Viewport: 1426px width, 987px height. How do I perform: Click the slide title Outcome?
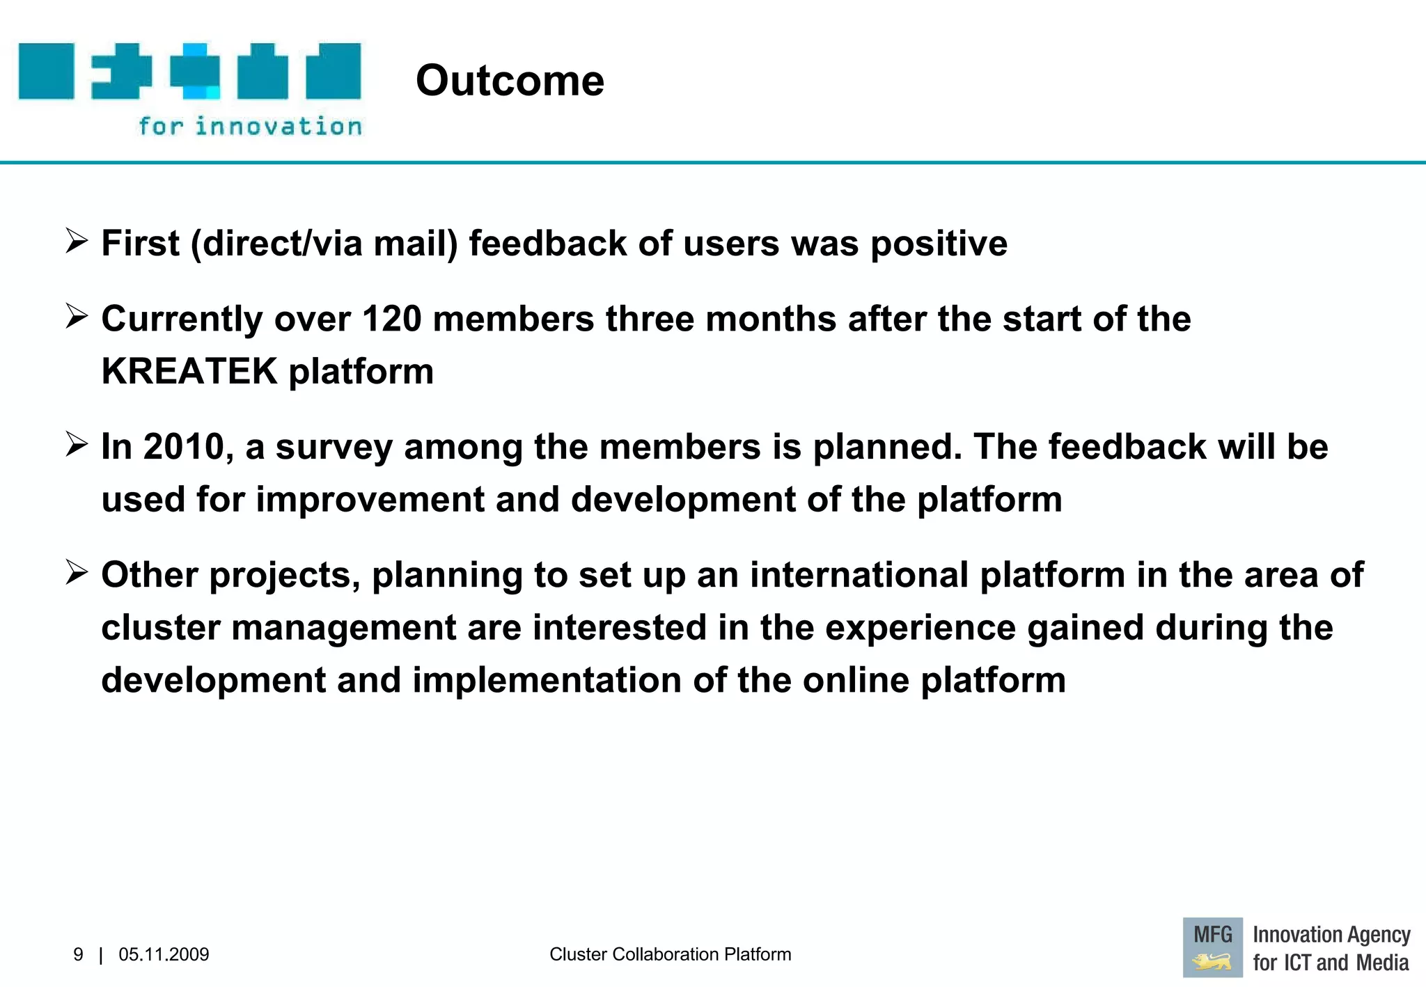coord(510,81)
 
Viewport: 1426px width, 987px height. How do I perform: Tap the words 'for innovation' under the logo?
coord(250,127)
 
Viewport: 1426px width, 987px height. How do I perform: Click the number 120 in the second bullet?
coord(392,319)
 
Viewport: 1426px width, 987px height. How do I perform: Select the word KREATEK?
coord(189,371)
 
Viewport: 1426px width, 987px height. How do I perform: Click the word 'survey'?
coord(334,448)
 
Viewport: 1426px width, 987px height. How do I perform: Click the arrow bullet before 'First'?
coord(77,242)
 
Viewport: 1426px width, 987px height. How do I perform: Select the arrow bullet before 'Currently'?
coord(77,317)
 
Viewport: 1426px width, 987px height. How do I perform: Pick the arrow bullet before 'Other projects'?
coord(77,573)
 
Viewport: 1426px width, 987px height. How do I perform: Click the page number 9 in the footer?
coord(78,954)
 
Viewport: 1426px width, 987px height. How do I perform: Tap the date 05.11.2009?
coord(164,954)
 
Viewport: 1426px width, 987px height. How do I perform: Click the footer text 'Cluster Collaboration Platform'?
coord(670,954)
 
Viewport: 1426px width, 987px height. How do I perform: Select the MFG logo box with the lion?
coord(1212,947)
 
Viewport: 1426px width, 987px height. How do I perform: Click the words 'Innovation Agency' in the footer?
coord(1331,935)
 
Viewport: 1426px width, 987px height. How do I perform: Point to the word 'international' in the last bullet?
coord(859,575)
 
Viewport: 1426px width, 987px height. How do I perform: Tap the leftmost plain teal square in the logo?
coord(46,71)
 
